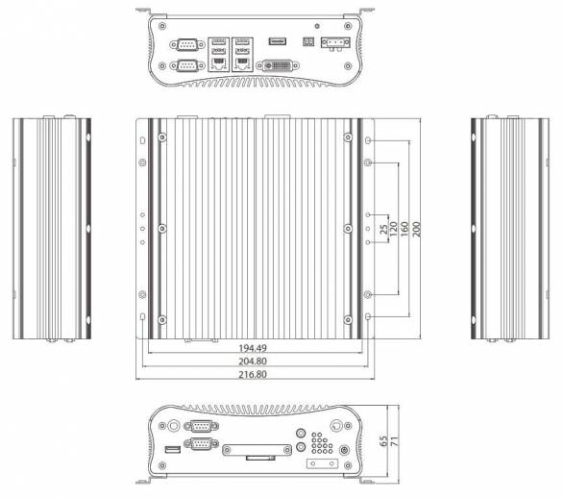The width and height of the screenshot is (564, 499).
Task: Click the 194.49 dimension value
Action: (253, 348)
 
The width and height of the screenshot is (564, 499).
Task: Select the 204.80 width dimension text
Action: (253, 362)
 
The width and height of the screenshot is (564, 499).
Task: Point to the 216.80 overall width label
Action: (253, 374)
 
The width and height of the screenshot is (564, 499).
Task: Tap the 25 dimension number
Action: (384, 229)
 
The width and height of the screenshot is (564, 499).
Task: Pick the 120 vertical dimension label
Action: (394, 229)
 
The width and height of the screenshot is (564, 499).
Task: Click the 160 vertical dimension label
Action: (405, 229)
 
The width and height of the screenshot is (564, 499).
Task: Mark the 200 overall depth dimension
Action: (416, 229)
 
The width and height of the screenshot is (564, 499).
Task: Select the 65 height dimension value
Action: (383, 441)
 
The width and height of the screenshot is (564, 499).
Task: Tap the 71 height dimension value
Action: (395, 441)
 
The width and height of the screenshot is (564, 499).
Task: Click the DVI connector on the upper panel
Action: (278, 66)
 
